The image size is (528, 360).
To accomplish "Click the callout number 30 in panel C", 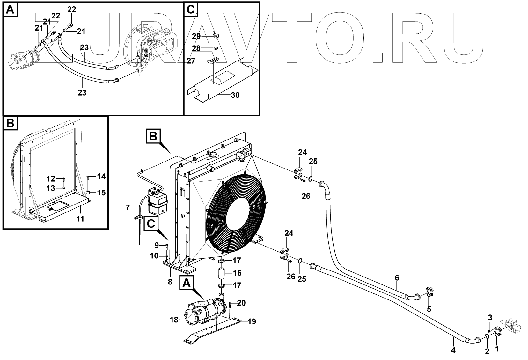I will point(235,95).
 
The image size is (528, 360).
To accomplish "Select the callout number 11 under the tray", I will point(81,219).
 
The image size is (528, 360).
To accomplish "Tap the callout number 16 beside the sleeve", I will point(237,273).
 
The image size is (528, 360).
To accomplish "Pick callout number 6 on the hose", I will point(397,278).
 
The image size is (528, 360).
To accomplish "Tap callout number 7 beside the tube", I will point(170,282).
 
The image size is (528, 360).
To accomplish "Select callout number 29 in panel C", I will point(197,36).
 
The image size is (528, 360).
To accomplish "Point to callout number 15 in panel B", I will point(101,192).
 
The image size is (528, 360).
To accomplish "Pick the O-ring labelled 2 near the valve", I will point(487,336).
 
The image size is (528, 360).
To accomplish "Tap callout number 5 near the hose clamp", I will point(429,309).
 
